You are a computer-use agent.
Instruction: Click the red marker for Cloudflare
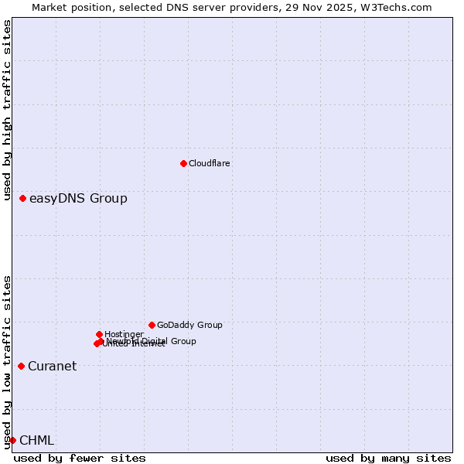point(183,163)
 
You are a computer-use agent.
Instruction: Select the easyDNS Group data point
point(22,199)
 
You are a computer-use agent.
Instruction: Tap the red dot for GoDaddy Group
point(152,325)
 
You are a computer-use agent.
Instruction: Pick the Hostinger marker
point(99,334)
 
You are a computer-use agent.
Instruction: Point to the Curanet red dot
point(21,366)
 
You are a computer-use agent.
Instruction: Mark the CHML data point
point(12,440)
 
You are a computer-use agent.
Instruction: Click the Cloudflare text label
point(210,163)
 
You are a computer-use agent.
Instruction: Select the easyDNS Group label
point(78,199)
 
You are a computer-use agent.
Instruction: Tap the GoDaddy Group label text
point(189,325)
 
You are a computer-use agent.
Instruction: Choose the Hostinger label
point(124,334)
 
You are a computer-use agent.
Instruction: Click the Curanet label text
point(53,367)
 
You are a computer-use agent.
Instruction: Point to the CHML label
point(37,441)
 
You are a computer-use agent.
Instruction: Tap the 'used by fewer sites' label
point(80,458)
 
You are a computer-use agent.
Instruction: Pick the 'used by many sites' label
point(388,458)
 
